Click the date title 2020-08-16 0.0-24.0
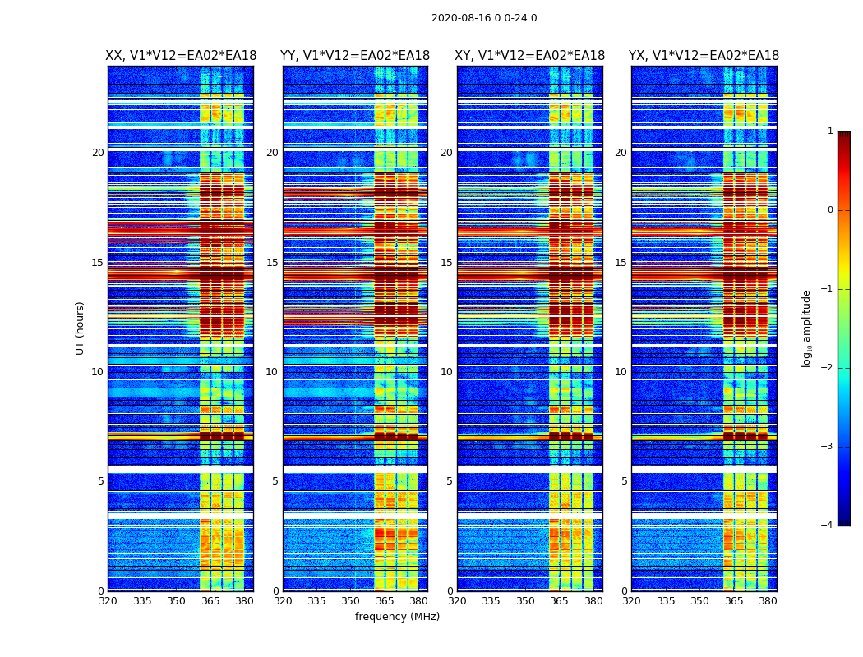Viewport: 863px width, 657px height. [484, 18]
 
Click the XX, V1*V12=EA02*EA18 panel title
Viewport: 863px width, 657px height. [181, 56]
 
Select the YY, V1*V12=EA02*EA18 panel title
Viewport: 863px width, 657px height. [355, 56]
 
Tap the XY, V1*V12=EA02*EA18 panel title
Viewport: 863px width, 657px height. [530, 56]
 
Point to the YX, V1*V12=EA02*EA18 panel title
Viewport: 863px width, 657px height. [704, 56]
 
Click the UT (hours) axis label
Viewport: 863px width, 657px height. [80, 328]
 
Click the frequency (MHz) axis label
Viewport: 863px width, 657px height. [397, 617]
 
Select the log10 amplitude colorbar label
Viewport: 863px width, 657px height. [807, 328]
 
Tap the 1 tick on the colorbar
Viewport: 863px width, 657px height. [830, 131]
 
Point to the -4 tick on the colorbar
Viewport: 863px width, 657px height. [828, 526]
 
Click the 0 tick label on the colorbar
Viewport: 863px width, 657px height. [830, 210]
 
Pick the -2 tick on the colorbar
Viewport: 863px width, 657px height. [828, 368]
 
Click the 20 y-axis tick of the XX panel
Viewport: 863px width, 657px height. [98, 153]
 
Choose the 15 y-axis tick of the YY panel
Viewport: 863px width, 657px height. [272, 263]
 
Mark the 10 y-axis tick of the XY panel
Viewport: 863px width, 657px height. [446, 372]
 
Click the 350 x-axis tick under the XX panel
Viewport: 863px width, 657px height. [176, 601]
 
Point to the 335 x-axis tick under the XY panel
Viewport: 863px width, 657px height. [491, 601]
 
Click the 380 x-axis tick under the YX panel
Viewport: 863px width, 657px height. [768, 601]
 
